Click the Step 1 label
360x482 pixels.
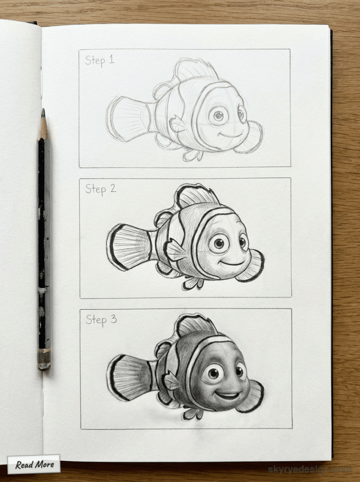99,60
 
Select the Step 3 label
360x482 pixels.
101,320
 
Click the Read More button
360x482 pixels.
34,465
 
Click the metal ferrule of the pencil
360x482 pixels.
44,359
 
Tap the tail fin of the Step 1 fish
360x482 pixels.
127,119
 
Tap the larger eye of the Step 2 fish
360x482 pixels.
218,243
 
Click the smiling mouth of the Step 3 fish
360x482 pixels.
228,394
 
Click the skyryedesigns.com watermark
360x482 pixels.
309,469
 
